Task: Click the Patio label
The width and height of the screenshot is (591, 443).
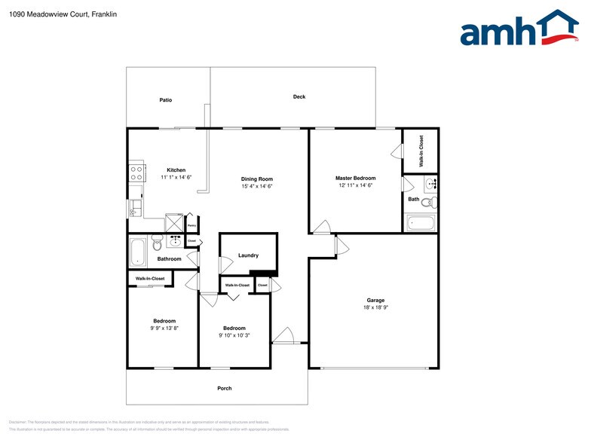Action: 166,99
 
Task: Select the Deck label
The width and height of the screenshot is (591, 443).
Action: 299,96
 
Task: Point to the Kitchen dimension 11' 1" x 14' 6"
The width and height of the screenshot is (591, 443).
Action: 176,178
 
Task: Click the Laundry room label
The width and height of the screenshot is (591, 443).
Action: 248,255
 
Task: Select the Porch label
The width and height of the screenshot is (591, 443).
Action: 224,388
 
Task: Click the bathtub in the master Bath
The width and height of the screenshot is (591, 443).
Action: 420,224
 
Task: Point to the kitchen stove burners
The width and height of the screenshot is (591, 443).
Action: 136,174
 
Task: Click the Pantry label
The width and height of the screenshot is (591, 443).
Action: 191,225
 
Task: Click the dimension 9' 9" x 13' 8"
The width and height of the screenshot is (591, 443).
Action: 164,328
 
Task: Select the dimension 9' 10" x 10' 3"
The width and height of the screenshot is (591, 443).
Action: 234,335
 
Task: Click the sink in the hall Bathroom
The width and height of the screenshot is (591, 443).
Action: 175,241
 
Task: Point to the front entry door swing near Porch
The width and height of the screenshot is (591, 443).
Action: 283,337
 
